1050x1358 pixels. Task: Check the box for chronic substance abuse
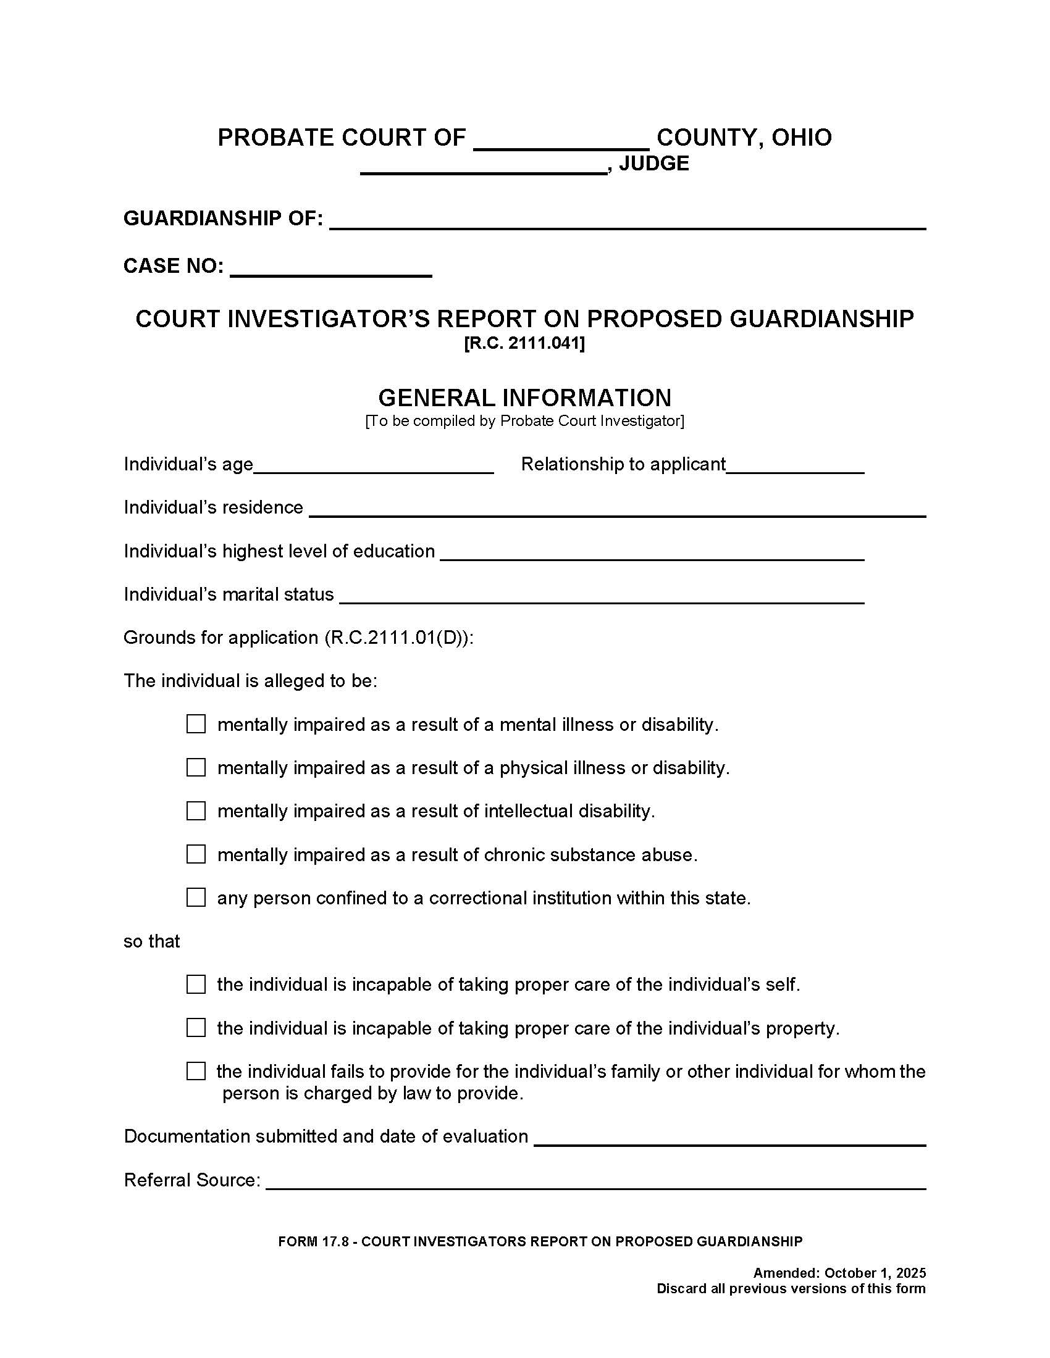tap(196, 854)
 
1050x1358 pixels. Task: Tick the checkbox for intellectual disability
tap(196, 810)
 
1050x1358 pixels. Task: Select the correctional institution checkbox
tap(196, 898)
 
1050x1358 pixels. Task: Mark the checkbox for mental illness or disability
tap(196, 724)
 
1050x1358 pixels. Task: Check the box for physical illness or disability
tap(196, 767)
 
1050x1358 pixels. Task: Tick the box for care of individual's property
tap(196, 1027)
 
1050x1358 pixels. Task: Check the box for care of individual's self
tap(196, 985)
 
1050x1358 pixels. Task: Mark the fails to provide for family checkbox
tap(196, 1071)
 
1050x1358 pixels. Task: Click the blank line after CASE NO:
tap(330, 268)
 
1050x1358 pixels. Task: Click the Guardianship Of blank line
tap(627, 220)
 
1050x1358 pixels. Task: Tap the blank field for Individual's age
tap(373, 465)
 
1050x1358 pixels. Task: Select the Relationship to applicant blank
tap(795, 465)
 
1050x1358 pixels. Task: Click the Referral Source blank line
tap(595, 1181)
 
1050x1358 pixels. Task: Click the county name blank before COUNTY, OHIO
tap(561, 141)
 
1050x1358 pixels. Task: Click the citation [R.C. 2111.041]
tap(524, 343)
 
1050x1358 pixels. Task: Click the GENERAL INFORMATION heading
tap(524, 398)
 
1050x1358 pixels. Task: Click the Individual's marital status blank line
tap(602, 596)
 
